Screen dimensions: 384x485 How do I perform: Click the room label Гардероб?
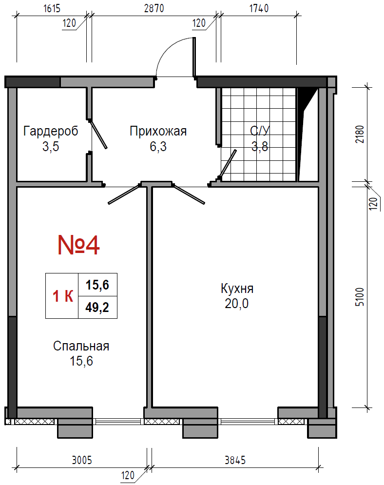tap(51, 132)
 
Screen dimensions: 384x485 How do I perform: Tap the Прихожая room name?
tap(158, 131)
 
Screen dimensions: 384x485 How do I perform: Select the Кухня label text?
tap(237, 289)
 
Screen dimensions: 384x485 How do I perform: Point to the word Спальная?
tap(81, 346)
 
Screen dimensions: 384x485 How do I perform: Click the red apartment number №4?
tap(79, 245)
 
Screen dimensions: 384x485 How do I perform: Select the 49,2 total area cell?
tap(97, 308)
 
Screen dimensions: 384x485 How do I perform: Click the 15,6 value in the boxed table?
tap(97, 285)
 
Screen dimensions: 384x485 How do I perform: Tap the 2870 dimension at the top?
tap(154, 8)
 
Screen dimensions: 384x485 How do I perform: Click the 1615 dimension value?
tap(52, 8)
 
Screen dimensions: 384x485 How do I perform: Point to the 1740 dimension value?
tap(259, 8)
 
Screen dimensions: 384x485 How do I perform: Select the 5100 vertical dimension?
tap(360, 297)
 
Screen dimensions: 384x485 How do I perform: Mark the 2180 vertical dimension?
tap(360, 134)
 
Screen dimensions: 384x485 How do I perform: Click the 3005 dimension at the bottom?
tap(82, 460)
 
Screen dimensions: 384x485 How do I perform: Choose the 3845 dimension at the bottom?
tap(235, 460)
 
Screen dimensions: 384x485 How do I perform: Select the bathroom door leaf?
tap(228, 164)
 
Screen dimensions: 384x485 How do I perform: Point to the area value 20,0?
tap(236, 304)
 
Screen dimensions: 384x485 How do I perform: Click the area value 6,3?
tap(158, 146)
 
